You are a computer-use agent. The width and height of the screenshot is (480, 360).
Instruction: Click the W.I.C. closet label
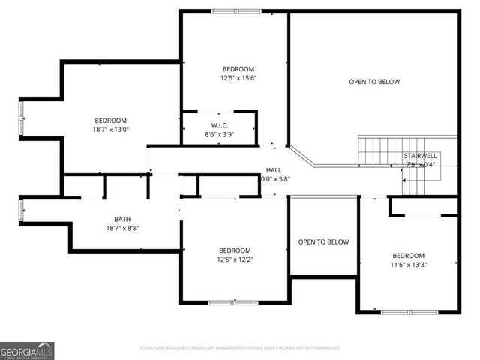coord(219,125)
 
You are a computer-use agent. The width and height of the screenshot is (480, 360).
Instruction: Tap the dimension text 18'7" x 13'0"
coord(110,130)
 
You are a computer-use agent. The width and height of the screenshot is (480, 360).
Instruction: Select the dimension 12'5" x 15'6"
coord(238,77)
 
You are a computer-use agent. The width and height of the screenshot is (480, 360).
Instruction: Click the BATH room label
coord(121,219)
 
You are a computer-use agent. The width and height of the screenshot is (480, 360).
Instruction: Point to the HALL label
coord(274,170)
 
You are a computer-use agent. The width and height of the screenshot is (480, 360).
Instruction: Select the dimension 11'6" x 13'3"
coord(408,264)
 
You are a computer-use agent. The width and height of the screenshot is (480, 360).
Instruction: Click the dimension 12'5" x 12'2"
coord(235,259)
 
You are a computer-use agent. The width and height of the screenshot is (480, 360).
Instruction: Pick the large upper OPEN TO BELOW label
coord(374,82)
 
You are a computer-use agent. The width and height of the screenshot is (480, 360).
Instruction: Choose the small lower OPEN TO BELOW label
coord(323,241)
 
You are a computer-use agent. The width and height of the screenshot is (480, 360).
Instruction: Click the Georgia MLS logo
coord(27,350)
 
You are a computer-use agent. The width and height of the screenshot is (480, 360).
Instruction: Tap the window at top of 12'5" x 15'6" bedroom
coord(236,11)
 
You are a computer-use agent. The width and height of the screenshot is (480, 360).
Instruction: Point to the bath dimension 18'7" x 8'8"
coord(121,228)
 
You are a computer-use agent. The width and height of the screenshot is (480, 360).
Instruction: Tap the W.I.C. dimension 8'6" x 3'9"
coord(219,134)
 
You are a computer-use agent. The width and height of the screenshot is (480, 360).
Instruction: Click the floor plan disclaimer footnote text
coord(240,348)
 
